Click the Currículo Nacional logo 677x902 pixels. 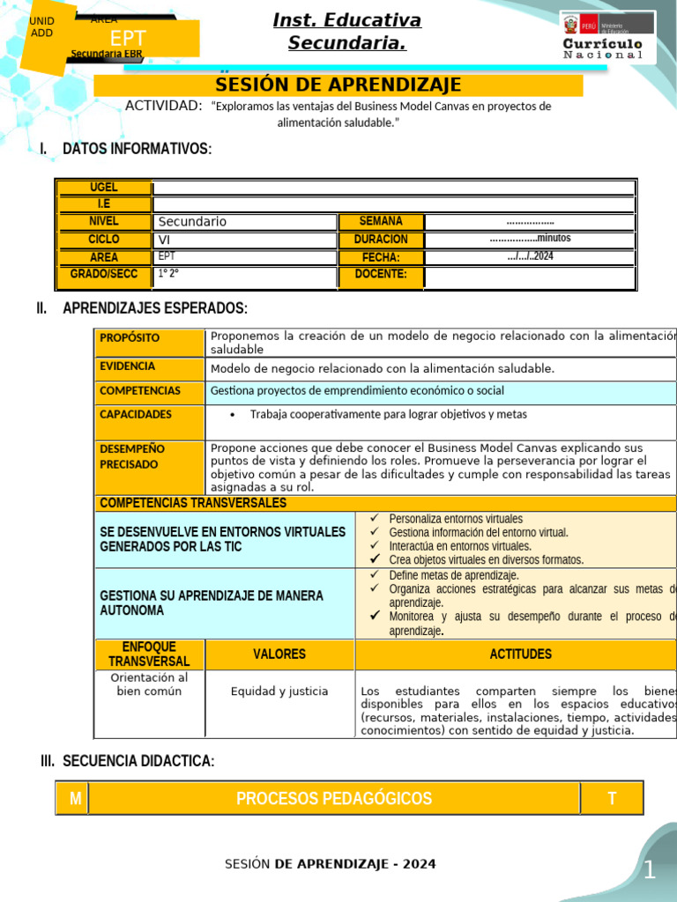click(x=607, y=37)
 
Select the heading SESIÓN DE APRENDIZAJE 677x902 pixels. click(x=338, y=85)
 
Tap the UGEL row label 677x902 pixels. click(x=104, y=188)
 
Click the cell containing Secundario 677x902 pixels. click(x=245, y=222)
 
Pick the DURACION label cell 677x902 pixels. click(x=381, y=240)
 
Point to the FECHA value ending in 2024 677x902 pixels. click(x=530, y=257)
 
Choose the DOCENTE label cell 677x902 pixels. click(x=381, y=275)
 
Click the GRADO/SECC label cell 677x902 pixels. click(x=104, y=275)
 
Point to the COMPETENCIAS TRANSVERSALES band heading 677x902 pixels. click(x=194, y=503)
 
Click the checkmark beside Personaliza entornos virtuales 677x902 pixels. click(x=375, y=519)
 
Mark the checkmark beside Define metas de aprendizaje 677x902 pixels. click(x=375, y=575)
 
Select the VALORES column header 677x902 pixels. click(x=279, y=654)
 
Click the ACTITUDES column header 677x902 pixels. click(x=520, y=654)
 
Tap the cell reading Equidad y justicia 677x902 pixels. click(x=279, y=691)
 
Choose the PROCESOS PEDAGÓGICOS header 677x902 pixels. click(x=334, y=799)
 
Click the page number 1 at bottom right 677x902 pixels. click(x=649, y=871)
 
